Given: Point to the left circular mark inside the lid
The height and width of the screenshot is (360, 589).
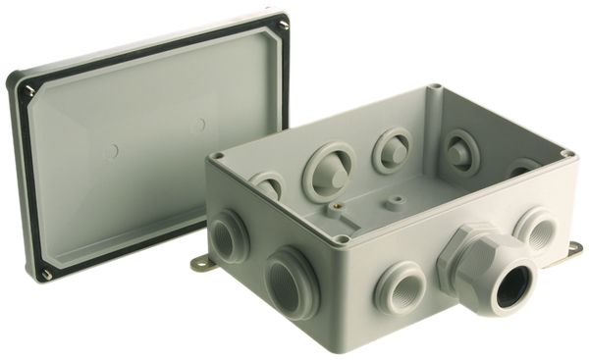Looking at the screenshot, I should point(111,152).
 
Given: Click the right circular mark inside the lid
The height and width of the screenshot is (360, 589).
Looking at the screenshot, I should point(198,126).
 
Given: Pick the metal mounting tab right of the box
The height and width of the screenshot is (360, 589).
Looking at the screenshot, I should point(568,252).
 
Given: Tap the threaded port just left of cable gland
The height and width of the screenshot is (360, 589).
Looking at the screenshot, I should point(400,285).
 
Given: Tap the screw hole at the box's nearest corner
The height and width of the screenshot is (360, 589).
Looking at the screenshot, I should point(340,238).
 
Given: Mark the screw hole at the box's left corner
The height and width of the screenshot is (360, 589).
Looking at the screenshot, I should point(218,156).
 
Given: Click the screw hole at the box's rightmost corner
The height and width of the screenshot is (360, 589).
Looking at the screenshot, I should point(565,153).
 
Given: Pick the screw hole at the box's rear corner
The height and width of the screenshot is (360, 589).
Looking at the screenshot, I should point(433,91).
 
